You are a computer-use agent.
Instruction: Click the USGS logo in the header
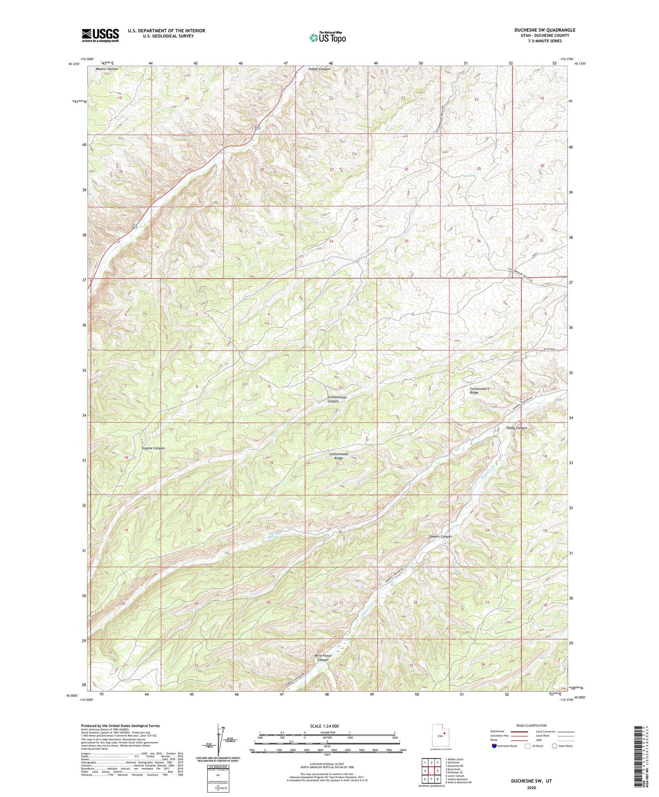click(100, 35)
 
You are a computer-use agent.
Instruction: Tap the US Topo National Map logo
click(327, 37)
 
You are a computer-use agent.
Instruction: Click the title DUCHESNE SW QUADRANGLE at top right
click(544, 30)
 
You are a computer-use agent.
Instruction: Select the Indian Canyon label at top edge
click(319, 69)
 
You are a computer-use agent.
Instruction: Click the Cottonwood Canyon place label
click(337, 399)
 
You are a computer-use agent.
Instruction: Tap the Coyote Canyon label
click(153, 448)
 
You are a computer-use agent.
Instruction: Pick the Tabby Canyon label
click(516, 428)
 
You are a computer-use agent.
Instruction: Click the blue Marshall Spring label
click(274, 535)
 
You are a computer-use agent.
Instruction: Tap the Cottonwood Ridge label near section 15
click(339, 456)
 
